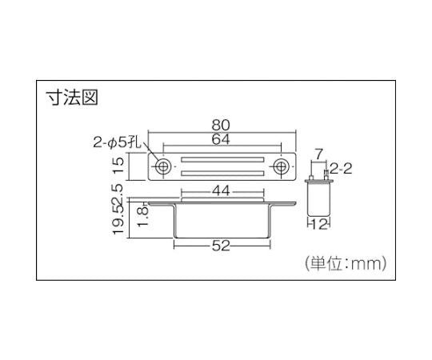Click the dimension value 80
pos(222,126)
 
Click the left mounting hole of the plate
pos(162,167)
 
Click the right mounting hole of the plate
pos(282,167)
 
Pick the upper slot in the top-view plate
pos(222,161)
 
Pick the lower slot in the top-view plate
pos(222,174)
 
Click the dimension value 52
pos(222,246)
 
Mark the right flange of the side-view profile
pos(279,206)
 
